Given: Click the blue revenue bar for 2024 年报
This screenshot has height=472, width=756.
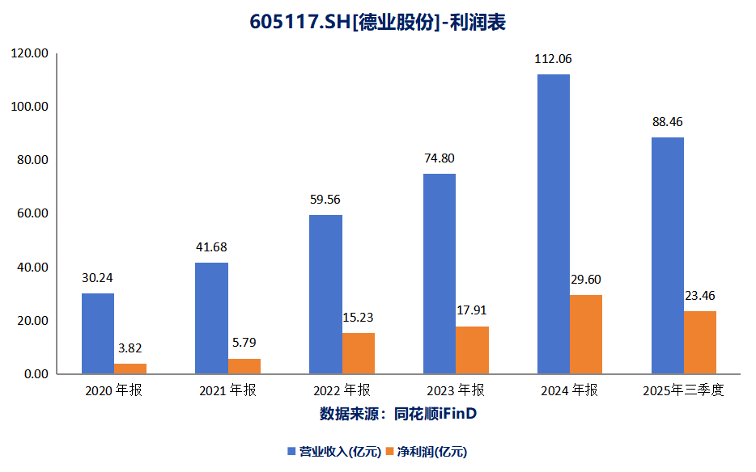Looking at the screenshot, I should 554,224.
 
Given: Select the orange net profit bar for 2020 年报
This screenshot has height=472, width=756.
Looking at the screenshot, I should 130,369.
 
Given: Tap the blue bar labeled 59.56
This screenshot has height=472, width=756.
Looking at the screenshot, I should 326,294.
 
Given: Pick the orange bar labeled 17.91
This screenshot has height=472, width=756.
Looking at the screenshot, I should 473,350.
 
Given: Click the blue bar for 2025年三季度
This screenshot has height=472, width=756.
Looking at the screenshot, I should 668,255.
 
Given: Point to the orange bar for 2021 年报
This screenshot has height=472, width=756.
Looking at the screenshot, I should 244,366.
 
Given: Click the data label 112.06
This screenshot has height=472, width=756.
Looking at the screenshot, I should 553,59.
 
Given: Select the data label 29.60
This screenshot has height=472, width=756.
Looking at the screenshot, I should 585,280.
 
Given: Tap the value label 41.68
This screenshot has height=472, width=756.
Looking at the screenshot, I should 211,247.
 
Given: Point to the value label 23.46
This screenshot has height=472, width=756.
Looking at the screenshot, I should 699,296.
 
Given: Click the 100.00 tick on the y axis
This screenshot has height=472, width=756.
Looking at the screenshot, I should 31,107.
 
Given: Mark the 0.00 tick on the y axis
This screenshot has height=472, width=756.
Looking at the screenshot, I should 34,374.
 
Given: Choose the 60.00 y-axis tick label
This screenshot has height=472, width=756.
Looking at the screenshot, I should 31,214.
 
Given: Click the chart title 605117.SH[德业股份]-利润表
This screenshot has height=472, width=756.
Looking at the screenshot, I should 377,23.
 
